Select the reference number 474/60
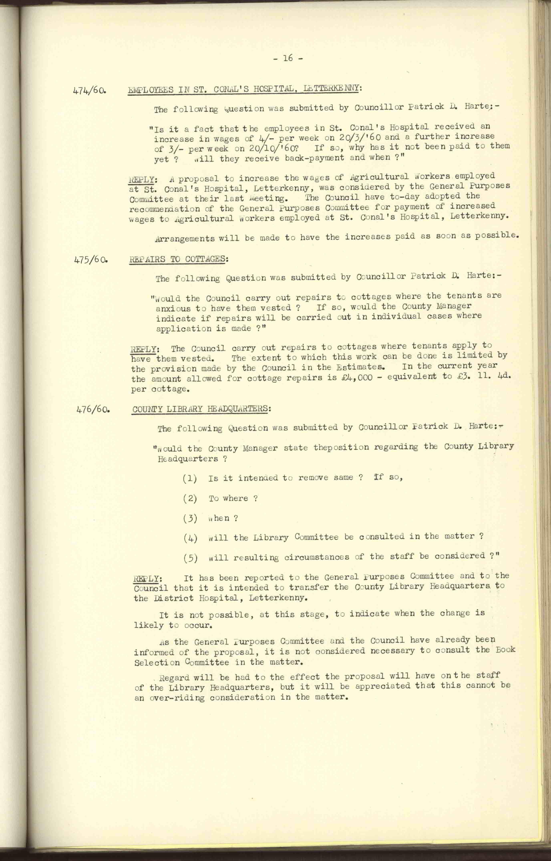click(89, 90)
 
